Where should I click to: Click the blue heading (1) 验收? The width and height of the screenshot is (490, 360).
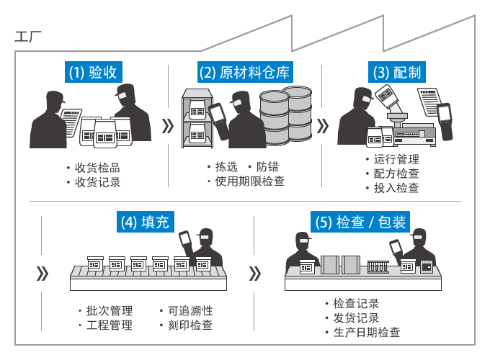click(x=91, y=72)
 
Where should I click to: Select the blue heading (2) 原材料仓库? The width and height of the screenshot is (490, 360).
click(x=244, y=72)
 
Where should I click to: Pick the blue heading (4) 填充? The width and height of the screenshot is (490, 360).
click(x=143, y=222)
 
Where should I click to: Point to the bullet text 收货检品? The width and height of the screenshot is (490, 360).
click(x=97, y=168)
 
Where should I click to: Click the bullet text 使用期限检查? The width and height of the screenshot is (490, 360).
click(x=249, y=181)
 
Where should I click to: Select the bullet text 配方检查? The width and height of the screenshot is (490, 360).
click(x=396, y=174)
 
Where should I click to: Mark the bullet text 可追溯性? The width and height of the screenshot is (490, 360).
click(x=190, y=311)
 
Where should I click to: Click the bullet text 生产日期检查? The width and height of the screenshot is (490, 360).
click(x=366, y=332)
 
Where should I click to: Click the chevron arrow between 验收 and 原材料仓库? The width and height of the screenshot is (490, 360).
click(x=169, y=127)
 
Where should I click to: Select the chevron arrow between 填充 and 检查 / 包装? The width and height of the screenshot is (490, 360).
click(x=254, y=274)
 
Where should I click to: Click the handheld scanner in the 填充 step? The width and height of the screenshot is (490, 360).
click(x=188, y=241)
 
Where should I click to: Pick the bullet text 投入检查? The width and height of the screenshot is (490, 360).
click(x=396, y=188)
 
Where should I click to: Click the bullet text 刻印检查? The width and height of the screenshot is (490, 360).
click(x=190, y=325)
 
